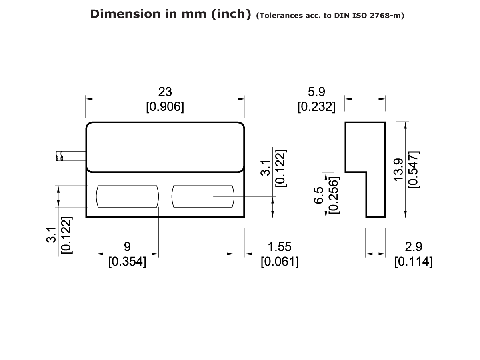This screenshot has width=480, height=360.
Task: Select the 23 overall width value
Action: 165,92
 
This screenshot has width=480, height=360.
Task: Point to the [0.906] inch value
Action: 165,107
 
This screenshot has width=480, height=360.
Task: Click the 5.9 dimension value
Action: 316,92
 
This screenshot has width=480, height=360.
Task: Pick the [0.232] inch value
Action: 316,107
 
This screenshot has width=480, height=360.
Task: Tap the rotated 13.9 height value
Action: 398,170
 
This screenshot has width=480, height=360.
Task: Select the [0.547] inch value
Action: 413,170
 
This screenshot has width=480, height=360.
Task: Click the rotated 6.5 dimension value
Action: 319,195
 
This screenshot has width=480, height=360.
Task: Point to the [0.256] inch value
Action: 333,195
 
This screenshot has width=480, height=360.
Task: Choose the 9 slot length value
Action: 128,246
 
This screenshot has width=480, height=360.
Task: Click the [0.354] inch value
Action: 128,262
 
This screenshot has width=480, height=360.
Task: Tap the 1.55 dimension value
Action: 280,246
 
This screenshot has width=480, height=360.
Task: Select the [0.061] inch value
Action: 280,262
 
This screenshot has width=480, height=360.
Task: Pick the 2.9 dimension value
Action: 413,246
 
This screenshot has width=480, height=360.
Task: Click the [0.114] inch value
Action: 413,262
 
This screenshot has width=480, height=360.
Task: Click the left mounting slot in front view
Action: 128,196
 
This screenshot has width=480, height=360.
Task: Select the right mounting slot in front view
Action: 203,196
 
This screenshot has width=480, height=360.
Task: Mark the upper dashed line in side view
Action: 376,185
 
